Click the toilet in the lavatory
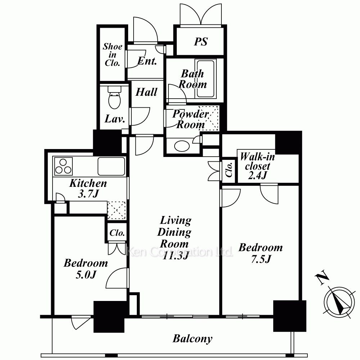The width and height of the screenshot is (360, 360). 114,97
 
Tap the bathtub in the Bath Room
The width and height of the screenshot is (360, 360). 206,79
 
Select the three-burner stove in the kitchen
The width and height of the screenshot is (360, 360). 63,166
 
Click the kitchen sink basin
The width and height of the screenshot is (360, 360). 111,166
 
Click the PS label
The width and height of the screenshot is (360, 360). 201,41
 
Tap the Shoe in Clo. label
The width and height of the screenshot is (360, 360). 112,55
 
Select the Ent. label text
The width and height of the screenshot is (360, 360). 147,61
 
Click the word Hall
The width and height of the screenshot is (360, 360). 147,92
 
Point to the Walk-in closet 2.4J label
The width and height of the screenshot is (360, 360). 257,166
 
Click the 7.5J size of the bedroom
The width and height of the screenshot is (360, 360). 261,259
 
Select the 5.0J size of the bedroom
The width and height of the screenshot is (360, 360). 86,275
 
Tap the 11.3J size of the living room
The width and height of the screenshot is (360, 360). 175,256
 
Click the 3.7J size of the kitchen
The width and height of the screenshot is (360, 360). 88,194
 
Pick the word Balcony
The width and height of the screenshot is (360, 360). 192,339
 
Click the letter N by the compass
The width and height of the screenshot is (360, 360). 322,278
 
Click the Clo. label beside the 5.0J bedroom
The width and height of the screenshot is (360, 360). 117,233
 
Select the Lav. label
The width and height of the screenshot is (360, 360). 115,119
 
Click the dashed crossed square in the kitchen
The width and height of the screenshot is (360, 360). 117,210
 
